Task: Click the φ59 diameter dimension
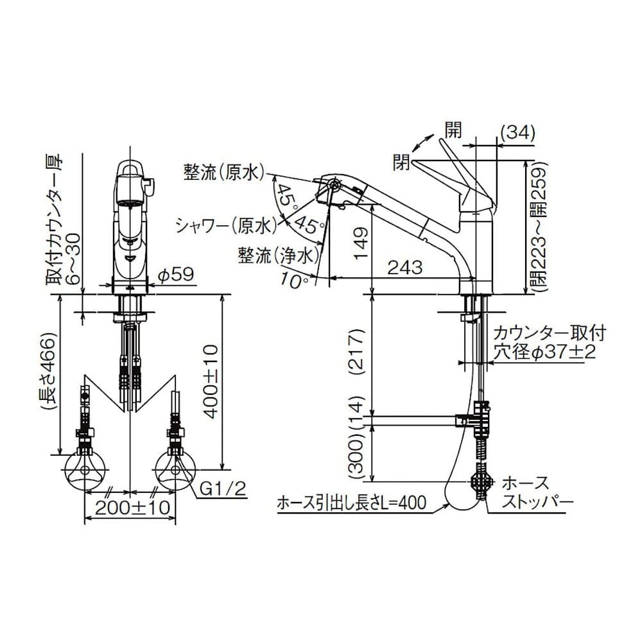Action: coord(176,274)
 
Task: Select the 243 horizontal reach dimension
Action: coord(404,268)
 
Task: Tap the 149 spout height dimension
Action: coord(361,243)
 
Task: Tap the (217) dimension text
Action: coord(358,352)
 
